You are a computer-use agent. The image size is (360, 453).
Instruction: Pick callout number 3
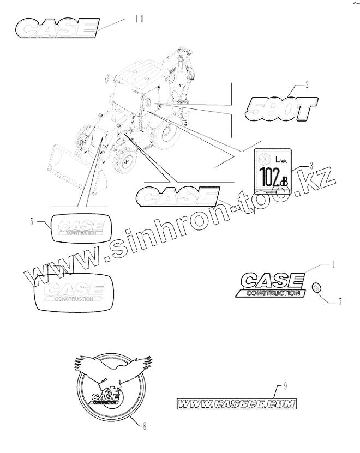pyautogui.click(x=311, y=165)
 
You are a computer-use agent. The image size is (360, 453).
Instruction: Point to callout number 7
pyautogui.click(x=340, y=300)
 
